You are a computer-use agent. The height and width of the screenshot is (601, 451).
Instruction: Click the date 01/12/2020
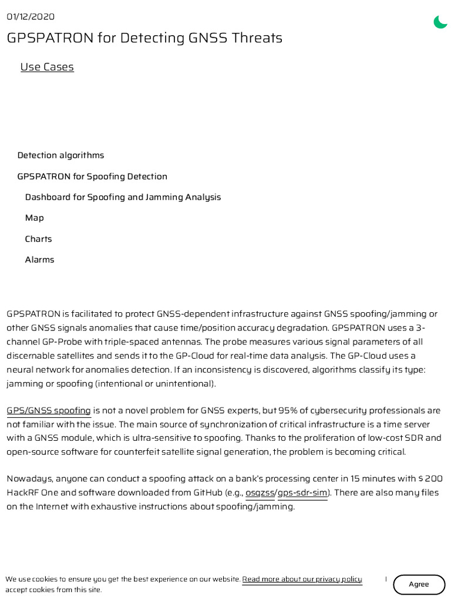point(31,16)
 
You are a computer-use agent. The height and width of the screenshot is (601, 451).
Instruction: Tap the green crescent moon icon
point(440,22)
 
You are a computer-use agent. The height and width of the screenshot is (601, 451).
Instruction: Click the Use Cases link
point(47,67)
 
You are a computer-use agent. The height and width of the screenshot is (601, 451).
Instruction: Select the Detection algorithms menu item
point(60,156)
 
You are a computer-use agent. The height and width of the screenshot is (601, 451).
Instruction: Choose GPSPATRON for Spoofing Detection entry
point(92,177)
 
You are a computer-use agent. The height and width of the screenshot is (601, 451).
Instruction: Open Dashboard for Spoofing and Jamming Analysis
point(123,197)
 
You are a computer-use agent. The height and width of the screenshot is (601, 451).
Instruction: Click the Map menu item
point(34,218)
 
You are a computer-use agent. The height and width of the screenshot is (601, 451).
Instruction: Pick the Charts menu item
point(38,239)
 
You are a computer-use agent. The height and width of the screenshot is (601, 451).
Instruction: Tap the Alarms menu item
point(39,259)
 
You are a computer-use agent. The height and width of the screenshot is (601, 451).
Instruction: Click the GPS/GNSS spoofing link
point(49,410)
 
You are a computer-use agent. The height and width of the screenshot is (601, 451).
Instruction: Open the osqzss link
point(260,492)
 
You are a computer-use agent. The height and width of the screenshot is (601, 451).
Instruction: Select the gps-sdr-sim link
point(302,492)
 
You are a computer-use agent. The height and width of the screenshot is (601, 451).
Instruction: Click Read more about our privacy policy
point(302,579)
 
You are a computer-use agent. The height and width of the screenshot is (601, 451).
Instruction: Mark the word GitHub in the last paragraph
point(207,492)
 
